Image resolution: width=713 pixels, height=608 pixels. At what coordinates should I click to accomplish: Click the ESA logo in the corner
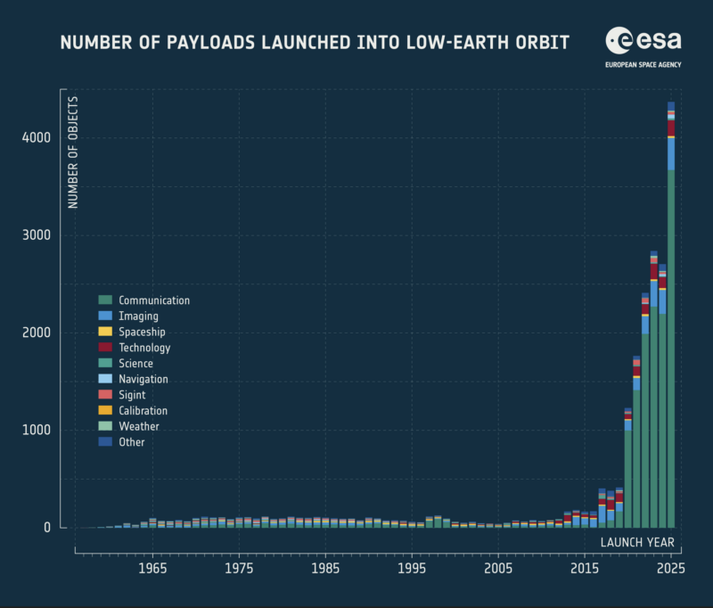click(643, 41)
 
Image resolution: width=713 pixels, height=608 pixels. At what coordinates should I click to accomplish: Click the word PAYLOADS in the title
click(210, 43)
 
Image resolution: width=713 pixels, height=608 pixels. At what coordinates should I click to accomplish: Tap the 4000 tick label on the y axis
click(37, 137)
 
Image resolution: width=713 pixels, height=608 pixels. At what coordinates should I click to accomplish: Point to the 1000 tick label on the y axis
click(37, 431)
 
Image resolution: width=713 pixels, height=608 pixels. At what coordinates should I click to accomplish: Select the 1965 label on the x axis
click(152, 569)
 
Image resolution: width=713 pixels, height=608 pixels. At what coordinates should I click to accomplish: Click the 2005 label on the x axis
click(498, 569)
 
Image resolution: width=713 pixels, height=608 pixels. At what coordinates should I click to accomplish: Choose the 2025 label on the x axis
click(671, 569)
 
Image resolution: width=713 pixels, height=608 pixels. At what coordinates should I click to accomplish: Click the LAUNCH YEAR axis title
click(637, 543)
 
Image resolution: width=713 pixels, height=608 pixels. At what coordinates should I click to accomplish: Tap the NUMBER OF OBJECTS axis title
click(73, 152)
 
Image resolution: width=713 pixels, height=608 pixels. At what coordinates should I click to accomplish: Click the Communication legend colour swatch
click(105, 300)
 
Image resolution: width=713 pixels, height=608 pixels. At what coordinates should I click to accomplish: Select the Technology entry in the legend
click(135, 348)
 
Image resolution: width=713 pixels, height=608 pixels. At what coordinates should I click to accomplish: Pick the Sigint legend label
click(132, 395)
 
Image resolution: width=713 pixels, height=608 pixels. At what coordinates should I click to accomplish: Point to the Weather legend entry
click(128, 426)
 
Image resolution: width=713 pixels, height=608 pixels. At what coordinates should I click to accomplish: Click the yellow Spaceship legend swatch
click(105, 332)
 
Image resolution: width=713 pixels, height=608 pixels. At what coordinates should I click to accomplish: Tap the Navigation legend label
click(143, 379)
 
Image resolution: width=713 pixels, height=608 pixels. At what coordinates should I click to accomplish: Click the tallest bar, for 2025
click(671, 318)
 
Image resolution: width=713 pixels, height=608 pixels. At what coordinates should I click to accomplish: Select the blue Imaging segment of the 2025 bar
click(671, 154)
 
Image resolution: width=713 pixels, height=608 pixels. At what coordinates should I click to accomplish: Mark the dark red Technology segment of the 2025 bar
click(671, 128)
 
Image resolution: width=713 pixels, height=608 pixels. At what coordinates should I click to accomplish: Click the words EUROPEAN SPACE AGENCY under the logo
click(643, 65)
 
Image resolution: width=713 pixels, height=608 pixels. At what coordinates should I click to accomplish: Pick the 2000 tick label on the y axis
click(37, 333)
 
